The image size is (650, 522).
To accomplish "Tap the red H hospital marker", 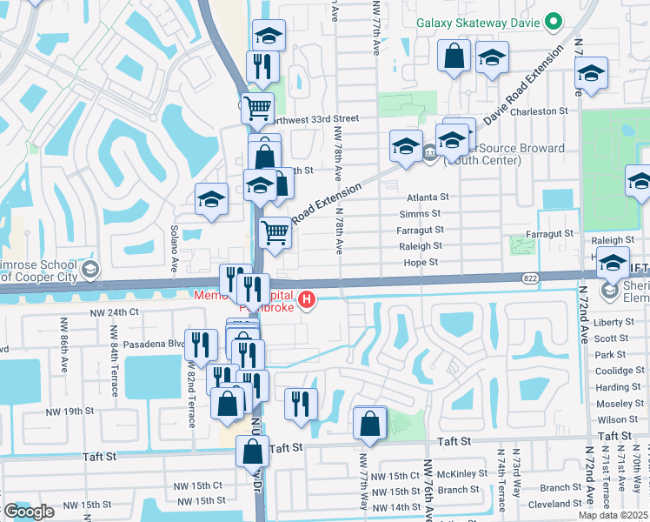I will click(x=306, y=302).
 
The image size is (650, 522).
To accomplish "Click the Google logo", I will click(x=30, y=512).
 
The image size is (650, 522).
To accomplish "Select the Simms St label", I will click(x=421, y=214).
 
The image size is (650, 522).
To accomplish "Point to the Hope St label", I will click(x=421, y=262).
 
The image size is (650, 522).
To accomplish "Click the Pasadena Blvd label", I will click(x=154, y=344).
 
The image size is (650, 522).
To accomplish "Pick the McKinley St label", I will click(x=462, y=474).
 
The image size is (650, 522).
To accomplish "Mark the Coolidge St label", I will click(x=618, y=371).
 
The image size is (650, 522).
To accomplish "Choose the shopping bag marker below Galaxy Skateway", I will click(x=454, y=57).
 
